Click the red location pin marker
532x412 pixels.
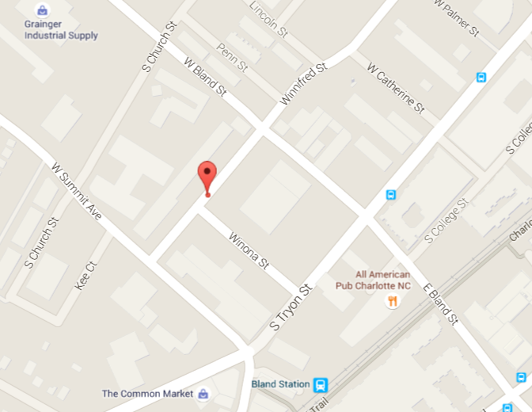click(207, 175)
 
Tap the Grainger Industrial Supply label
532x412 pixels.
click(61, 30)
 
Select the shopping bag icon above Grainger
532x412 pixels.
click(42, 10)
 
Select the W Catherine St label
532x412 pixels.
click(397, 88)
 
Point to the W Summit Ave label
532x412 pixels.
click(77, 191)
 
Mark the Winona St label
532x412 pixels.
click(249, 250)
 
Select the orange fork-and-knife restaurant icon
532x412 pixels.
click(391, 301)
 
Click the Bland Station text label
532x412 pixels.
click(280, 384)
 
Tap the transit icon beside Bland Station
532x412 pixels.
click(321, 385)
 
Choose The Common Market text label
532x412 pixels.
click(149, 393)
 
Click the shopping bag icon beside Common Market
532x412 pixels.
click(203, 393)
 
